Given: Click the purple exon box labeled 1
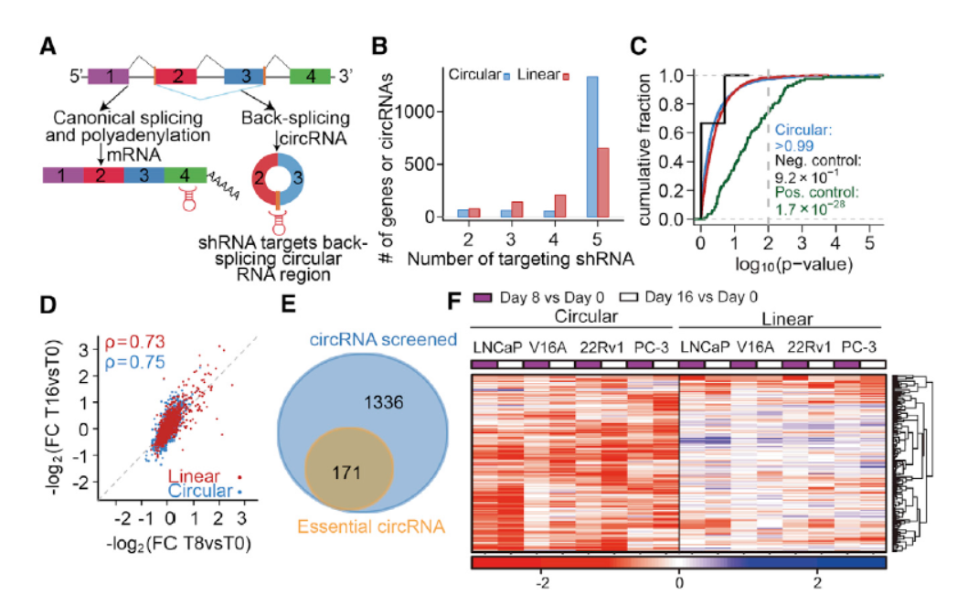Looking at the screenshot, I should tap(110, 77).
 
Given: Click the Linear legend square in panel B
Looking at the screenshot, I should tap(567, 76).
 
